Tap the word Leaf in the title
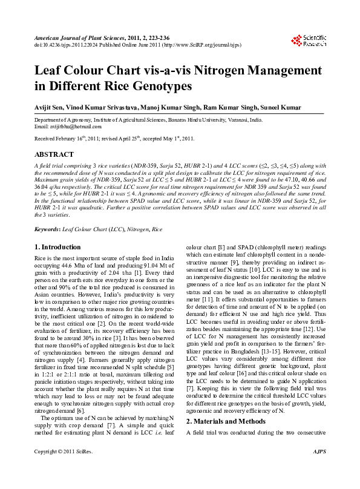tap(48, 70)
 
